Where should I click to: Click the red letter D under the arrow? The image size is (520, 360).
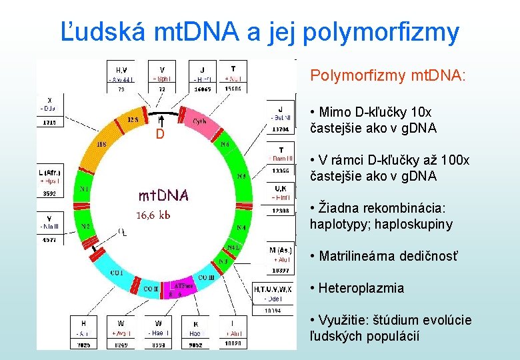160,135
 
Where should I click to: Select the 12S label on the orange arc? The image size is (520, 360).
133,120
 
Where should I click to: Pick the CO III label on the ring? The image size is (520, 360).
205,277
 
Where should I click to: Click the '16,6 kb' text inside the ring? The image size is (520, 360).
153,215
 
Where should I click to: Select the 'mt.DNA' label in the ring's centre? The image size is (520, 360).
163,195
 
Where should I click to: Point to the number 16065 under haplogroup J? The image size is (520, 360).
202,89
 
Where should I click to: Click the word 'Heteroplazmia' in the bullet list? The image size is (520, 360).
361,288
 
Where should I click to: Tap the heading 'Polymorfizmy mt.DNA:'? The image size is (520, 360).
388,76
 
